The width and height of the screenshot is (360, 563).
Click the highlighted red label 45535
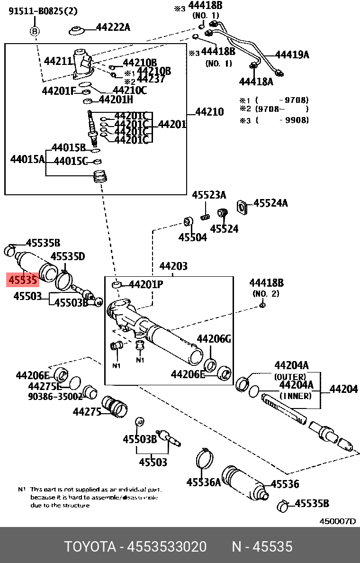22,280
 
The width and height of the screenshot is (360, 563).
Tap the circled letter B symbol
35,31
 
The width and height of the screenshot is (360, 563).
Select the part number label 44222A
113,27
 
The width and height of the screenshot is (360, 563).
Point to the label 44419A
292,54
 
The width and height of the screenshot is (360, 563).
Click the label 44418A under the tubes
256,82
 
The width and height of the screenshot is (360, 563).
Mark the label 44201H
116,100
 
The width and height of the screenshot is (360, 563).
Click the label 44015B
68,147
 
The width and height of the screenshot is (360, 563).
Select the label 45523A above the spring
209,195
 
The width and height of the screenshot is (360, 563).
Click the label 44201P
146,285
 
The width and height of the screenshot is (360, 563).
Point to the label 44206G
214,339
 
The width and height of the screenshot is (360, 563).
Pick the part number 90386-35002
48,396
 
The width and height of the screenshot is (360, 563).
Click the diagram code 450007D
337,521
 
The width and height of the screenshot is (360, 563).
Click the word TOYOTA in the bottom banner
90,547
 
